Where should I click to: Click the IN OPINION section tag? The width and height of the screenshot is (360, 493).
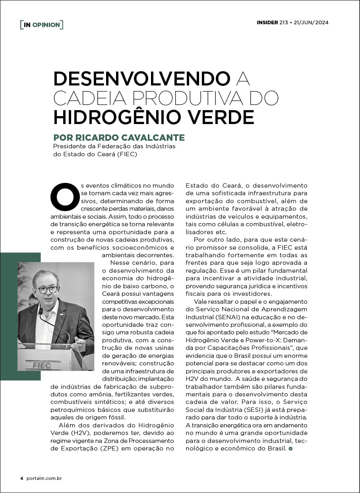point(42,25)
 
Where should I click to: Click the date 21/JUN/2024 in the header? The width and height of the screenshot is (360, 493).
point(311,22)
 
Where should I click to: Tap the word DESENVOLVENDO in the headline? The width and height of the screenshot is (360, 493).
point(142,79)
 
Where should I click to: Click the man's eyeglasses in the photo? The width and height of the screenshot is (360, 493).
point(48,289)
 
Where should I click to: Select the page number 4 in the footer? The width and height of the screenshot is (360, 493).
point(22,478)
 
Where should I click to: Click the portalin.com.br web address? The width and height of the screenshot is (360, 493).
point(44,478)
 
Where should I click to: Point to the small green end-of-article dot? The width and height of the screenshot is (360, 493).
point(290,448)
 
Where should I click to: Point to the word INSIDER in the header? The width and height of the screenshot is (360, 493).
point(267,22)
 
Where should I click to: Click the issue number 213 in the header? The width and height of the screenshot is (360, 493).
point(284,22)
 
